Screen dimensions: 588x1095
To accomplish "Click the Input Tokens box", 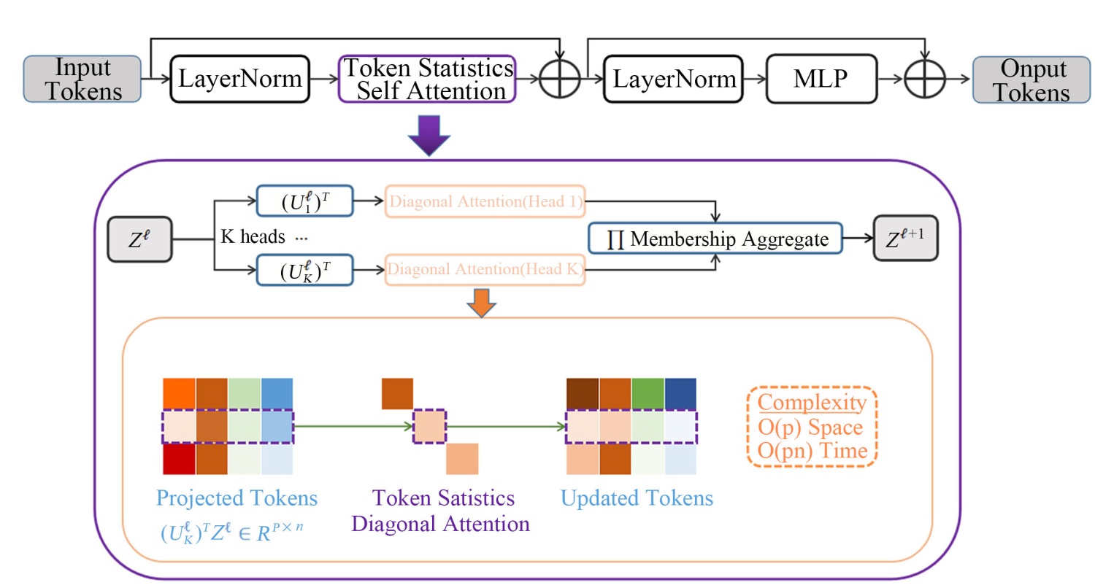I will coord(83,79).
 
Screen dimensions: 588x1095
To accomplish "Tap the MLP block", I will coord(821,79).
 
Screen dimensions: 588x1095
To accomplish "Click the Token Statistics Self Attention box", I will coord(428,79).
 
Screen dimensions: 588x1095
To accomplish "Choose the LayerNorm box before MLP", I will coord(672,79).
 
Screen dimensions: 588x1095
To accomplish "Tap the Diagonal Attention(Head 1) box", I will coord(485,203).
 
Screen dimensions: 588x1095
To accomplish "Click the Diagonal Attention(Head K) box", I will coord(485,271).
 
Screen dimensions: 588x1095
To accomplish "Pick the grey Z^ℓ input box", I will coord(140,239).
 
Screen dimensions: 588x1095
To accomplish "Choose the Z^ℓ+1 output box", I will coord(905,239).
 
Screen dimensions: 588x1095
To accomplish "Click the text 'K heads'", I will coord(253,238).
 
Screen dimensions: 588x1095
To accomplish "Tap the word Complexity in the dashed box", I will coord(812,403).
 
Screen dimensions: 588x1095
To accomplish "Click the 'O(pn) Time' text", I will coord(812,451).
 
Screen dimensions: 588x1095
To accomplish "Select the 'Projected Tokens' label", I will coord(237,499).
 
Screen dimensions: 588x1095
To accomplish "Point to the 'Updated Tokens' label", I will coord(637,499).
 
